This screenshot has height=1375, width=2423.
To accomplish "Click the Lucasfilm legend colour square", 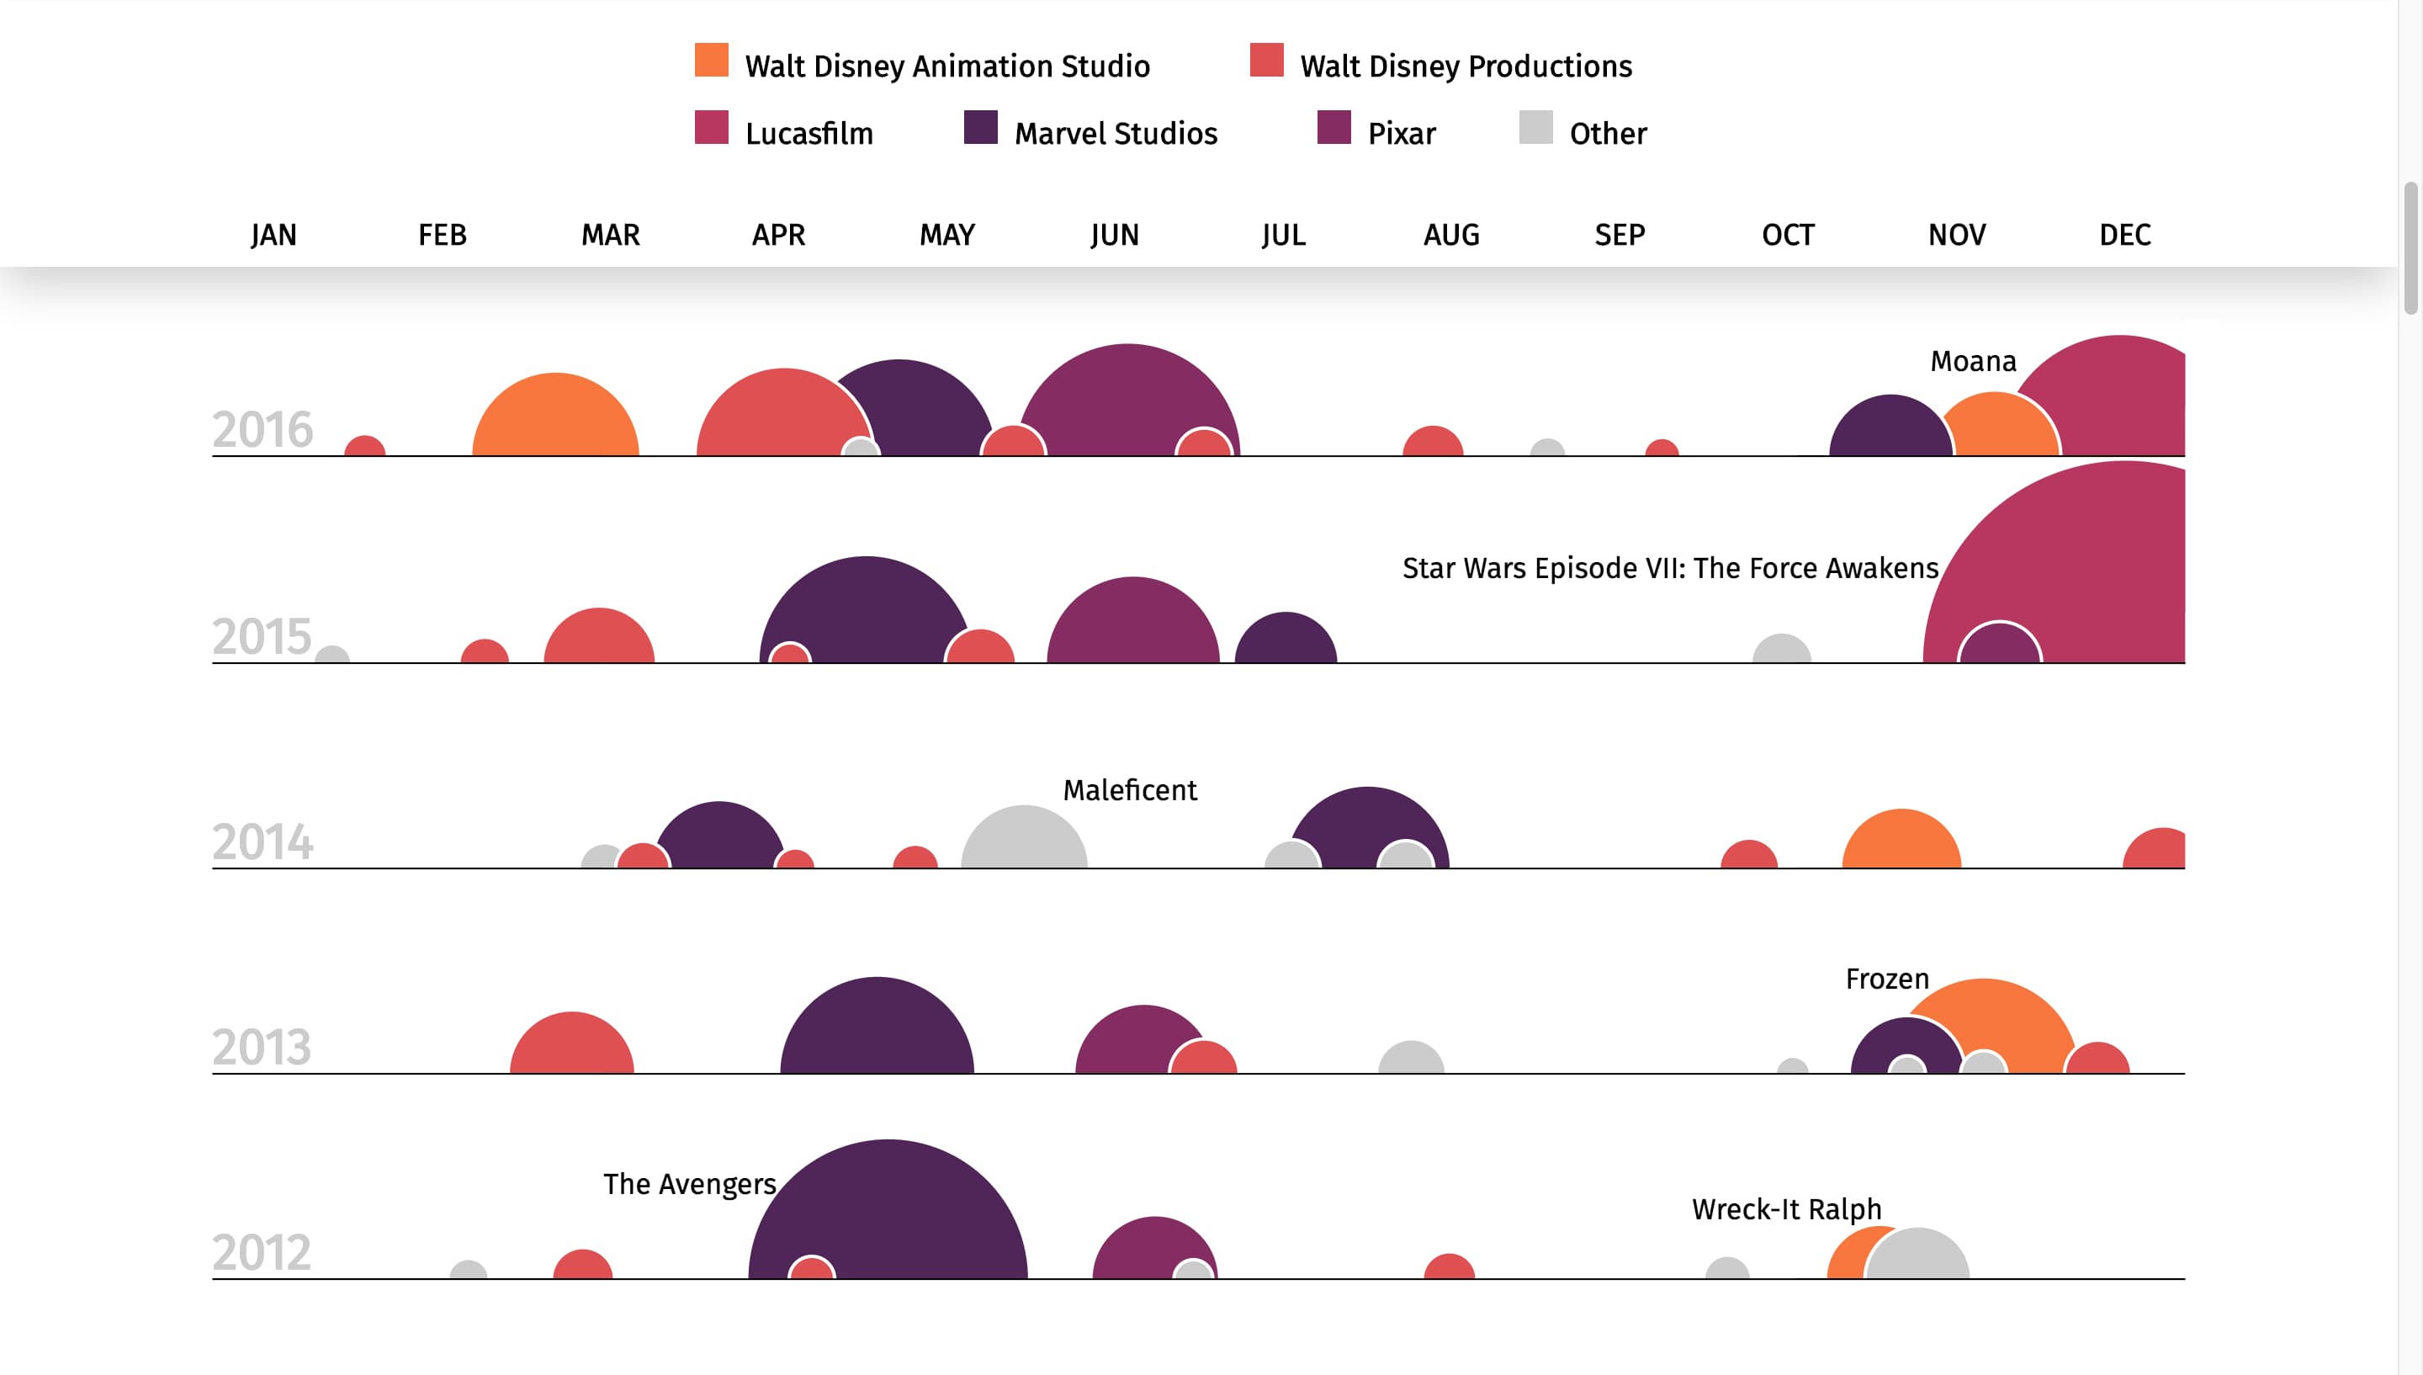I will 711,128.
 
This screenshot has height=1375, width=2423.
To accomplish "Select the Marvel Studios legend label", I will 1115,133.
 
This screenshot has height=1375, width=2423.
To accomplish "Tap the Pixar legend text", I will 1401,133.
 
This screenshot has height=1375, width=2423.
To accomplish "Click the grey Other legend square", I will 1535,128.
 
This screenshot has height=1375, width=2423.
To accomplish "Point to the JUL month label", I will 1283,234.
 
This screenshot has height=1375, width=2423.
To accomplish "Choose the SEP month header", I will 1619,234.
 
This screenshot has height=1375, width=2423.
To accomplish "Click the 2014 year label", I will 262,841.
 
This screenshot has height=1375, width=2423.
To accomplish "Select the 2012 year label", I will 262,1252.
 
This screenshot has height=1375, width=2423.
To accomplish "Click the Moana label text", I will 1972,361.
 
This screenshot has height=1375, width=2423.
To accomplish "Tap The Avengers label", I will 689,1183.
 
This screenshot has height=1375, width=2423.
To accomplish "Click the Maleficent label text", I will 1129,789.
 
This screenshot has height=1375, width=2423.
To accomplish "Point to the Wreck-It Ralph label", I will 1786,1208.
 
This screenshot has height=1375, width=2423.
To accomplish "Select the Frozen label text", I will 1886,979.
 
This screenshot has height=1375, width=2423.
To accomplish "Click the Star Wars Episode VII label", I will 1669,567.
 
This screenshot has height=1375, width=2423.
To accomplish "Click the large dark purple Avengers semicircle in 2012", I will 906,1208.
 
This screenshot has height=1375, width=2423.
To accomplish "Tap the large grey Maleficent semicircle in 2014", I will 1023,841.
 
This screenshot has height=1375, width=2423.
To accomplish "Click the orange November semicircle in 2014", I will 1901,842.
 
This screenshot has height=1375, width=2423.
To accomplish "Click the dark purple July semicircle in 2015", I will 1286,641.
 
